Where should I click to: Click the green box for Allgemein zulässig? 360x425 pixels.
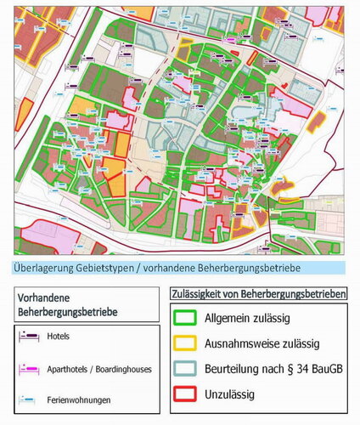(x=185, y=320)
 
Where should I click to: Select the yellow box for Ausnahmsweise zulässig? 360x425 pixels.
(x=185, y=344)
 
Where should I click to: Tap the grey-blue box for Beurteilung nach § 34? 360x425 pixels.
(x=185, y=369)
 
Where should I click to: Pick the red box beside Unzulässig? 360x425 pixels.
(x=185, y=394)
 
